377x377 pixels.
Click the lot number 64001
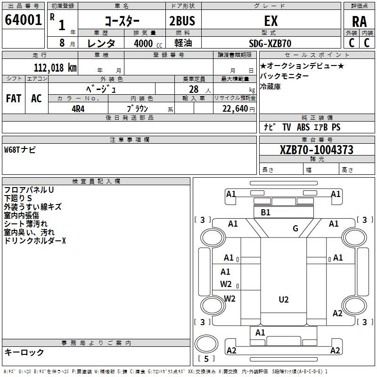click(x=23, y=20)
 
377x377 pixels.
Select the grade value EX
click(x=271, y=21)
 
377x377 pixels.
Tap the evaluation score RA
click(x=360, y=22)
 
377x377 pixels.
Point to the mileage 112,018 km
click(x=55, y=68)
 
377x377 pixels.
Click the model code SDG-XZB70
click(x=270, y=43)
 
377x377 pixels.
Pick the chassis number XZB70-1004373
click(x=317, y=150)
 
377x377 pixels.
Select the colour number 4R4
click(x=78, y=109)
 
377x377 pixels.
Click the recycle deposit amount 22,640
click(x=235, y=109)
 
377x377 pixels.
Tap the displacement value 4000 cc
click(x=148, y=43)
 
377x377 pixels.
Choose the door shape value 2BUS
click(x=182, y=21)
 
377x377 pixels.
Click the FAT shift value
click(x=14, y=98)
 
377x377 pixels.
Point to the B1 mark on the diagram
click(x=265, y=213)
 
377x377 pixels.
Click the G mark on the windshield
click(x=295, y=228)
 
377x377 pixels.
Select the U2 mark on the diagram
click(x=284, y=300)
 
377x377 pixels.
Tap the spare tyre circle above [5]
click(x=206, y=344)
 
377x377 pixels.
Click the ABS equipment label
click(x=303, y=127)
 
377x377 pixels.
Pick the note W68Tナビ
click(x=20, y=150)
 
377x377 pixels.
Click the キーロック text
click(x=24, y=352)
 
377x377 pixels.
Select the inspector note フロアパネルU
click(x=29, y=190)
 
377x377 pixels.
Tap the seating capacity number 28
click(x=194, y=90)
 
